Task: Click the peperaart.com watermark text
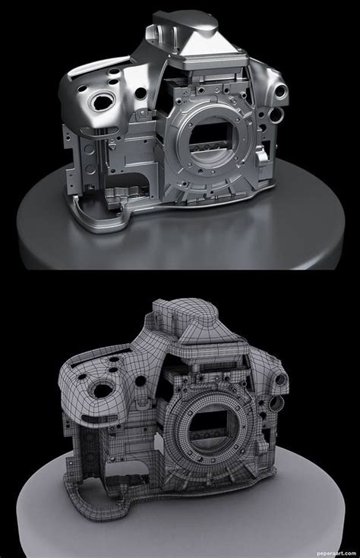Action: [336, 553]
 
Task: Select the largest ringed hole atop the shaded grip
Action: [103, 101]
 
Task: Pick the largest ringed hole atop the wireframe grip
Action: [103, 389]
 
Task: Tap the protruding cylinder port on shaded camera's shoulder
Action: [281, 92]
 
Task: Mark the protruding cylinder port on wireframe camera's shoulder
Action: [281, 380]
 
